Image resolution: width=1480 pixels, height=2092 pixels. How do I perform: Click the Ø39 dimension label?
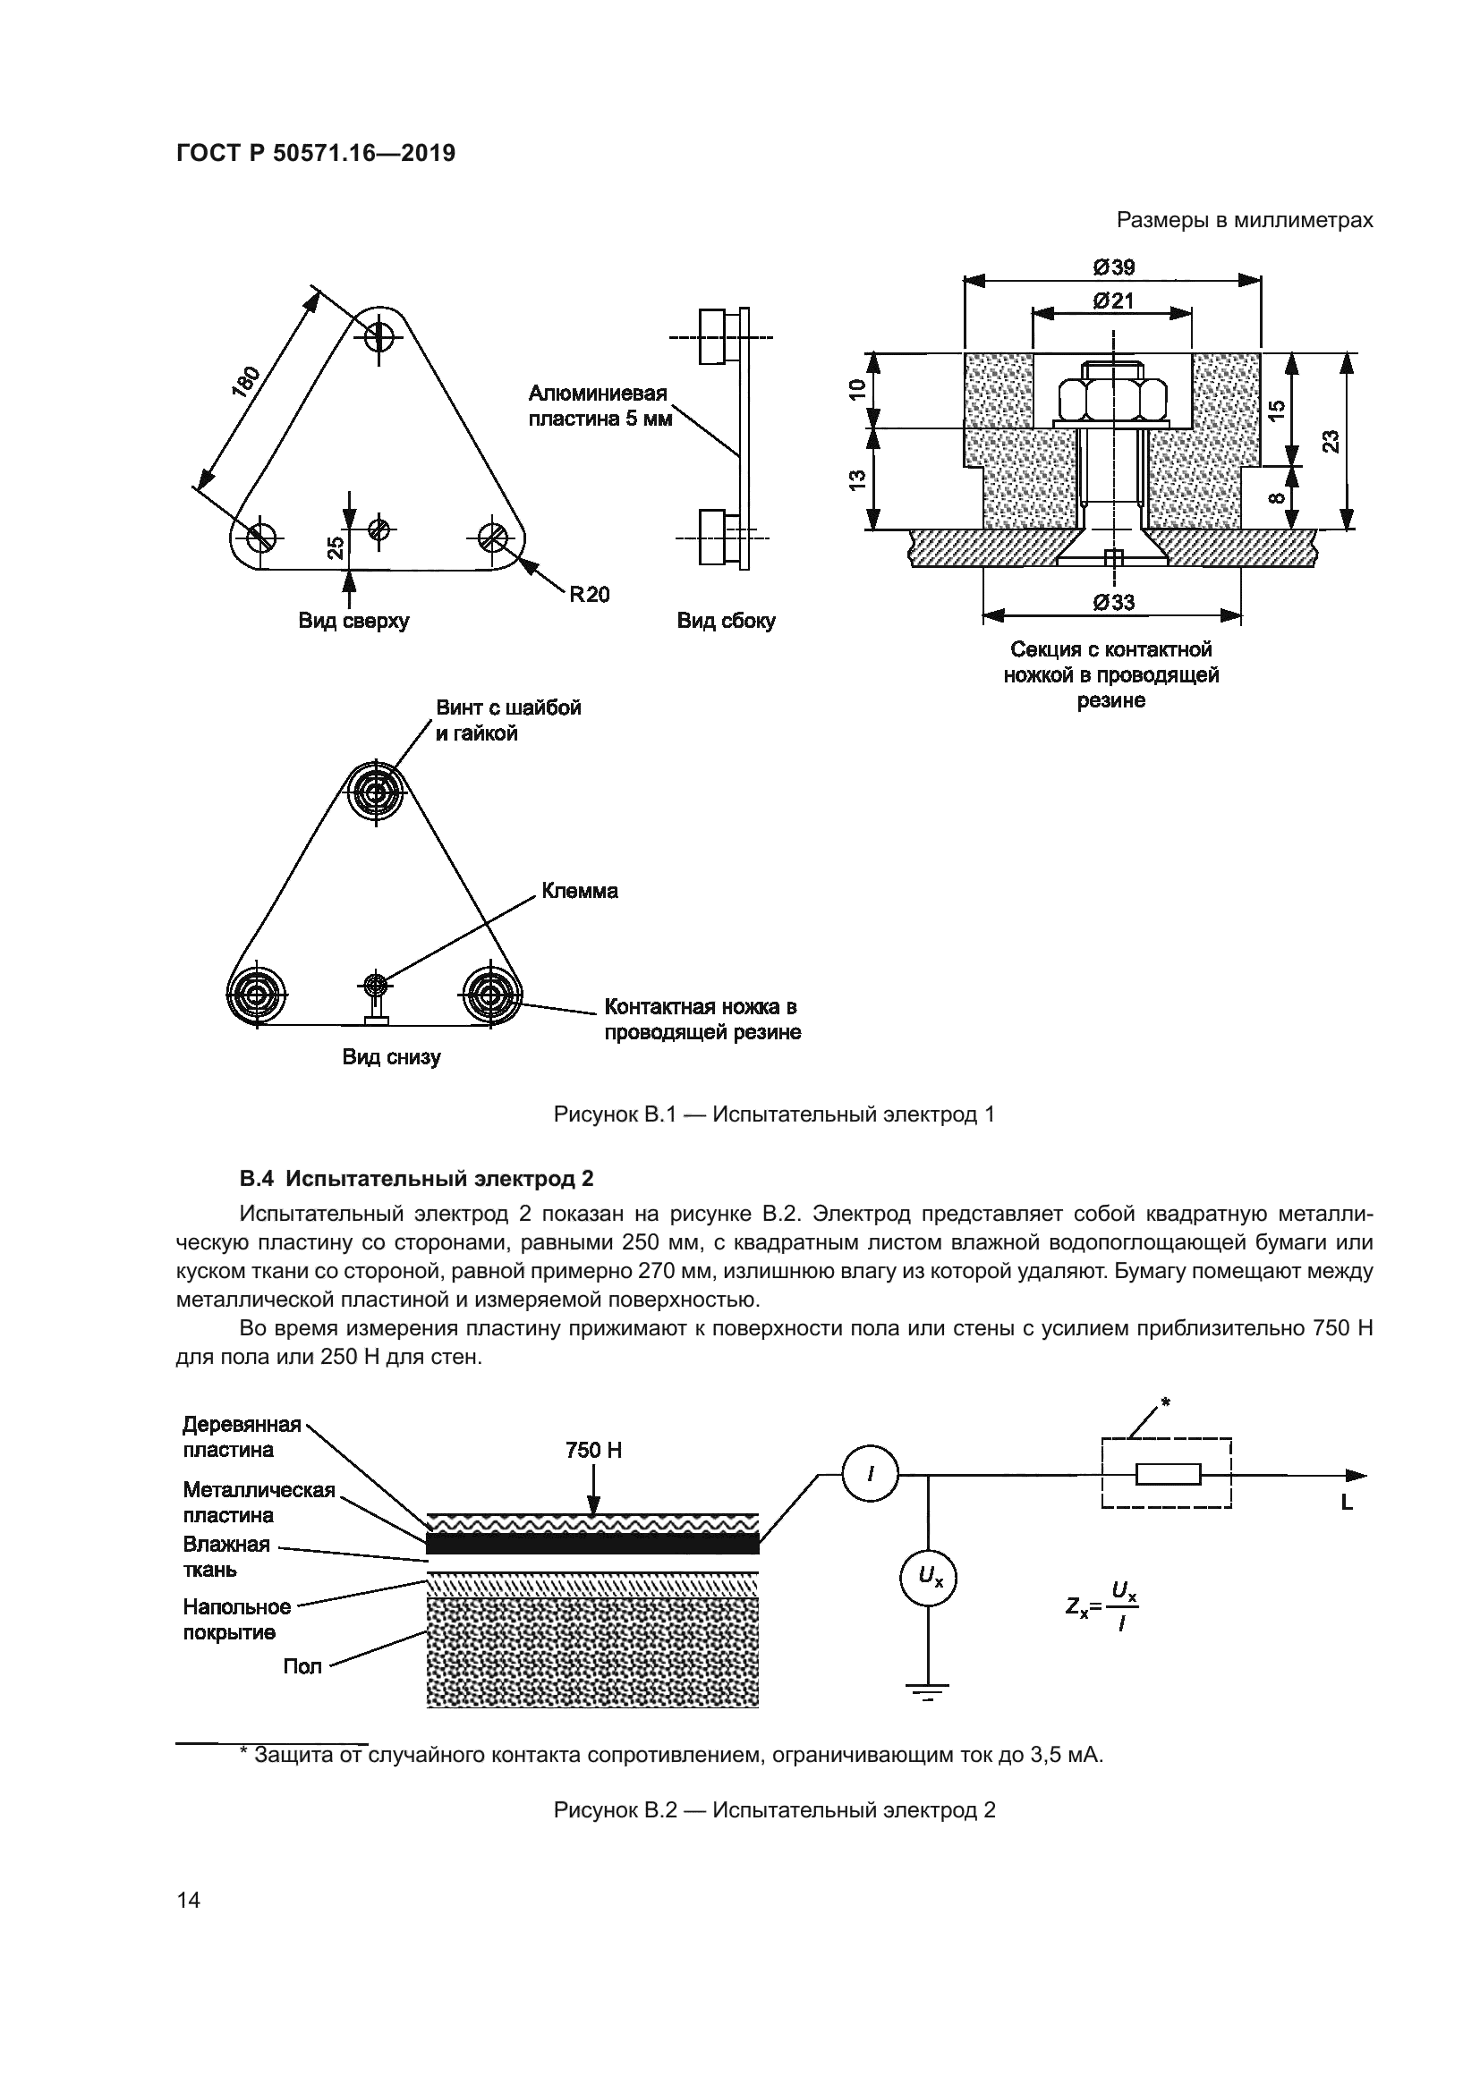(1113, 267)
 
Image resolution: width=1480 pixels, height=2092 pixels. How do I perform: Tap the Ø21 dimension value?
(1113, 300)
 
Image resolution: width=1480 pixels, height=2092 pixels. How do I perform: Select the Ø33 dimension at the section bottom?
(1113, 602)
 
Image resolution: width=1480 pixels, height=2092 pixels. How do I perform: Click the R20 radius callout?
(589, 594)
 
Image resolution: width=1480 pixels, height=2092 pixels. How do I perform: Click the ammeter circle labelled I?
(870, 1474)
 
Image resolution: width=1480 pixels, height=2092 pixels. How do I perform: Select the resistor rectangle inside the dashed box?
(1169, 1473)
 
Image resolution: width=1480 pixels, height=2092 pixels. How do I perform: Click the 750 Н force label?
(593, 1450)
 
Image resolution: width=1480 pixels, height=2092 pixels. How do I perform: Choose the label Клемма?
(580, 890)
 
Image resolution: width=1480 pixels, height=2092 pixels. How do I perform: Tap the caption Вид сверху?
(353, 621)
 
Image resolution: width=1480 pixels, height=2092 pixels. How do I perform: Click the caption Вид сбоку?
(726, 621)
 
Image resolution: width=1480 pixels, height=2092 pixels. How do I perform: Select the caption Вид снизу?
(391, 1057)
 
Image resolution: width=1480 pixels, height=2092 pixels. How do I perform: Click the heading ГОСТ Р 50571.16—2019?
(315, 153)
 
